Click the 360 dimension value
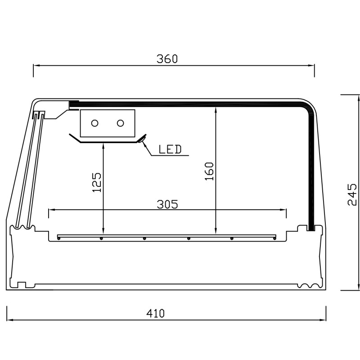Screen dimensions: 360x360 tap(167, 59)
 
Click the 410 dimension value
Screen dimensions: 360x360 tap(155, 313)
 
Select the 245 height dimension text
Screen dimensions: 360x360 tap(352, 194)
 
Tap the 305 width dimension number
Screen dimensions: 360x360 tap(167, 204)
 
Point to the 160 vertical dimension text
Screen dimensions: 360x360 tap(209, 171)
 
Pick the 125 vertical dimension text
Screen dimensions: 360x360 tap(96, 183)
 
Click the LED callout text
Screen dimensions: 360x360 tap(170, 149)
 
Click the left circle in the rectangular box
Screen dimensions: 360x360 tap(94, 123)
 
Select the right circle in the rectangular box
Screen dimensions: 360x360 tap(120, 123)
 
